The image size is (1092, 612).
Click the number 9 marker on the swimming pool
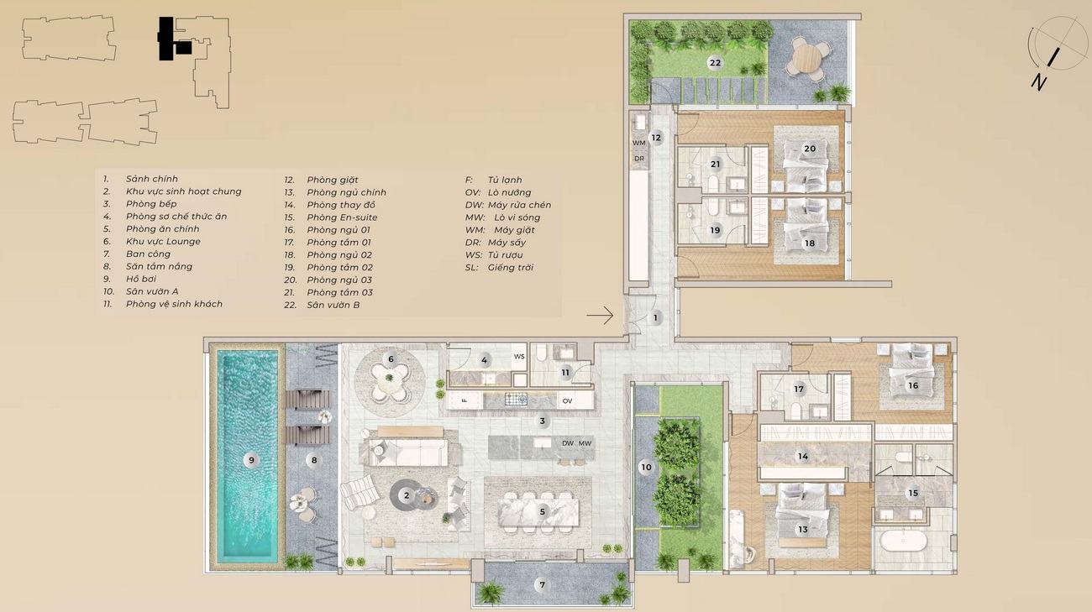point(251,460)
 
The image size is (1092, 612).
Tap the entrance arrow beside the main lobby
point(600,316)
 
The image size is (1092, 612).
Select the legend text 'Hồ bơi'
point(141,279)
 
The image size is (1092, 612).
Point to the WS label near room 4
point(519,357)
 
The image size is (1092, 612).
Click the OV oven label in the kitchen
point(567,401)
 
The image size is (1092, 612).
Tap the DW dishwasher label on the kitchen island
point(568,443)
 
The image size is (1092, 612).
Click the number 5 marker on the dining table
point(542,511)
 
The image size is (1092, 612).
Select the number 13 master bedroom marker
point(803,529)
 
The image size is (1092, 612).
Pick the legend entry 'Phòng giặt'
point(333,180)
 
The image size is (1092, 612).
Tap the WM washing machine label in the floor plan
point(639,143)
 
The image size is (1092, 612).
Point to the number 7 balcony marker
point(542,585)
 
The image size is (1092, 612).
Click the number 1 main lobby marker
point(655,317)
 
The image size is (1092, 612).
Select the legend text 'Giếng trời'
point(511,268)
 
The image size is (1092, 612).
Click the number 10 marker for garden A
point(646,468)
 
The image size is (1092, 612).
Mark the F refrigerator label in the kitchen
point(465,400)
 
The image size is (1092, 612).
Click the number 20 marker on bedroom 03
point(810,148)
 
